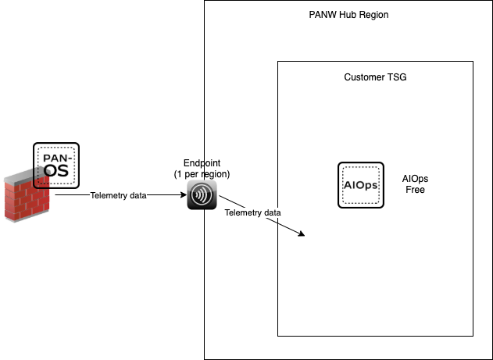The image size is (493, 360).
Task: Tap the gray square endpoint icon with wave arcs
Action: [202, 194]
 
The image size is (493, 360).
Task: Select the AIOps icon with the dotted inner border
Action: [360, 185]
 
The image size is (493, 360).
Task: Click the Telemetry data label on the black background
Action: [119, 195]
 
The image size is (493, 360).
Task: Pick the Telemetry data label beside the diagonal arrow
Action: [252, 212]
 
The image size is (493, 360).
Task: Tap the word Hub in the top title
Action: [348, 15]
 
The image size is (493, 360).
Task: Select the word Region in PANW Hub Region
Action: [373, 15]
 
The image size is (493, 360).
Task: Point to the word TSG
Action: [397, 78]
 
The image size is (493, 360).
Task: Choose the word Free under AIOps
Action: [415, 190]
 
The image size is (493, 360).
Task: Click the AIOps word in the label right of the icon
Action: [415, 179]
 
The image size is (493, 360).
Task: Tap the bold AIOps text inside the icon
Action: [360, 185]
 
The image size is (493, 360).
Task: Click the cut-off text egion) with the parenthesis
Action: [216, 173]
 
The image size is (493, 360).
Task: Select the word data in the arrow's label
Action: [270, 212]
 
